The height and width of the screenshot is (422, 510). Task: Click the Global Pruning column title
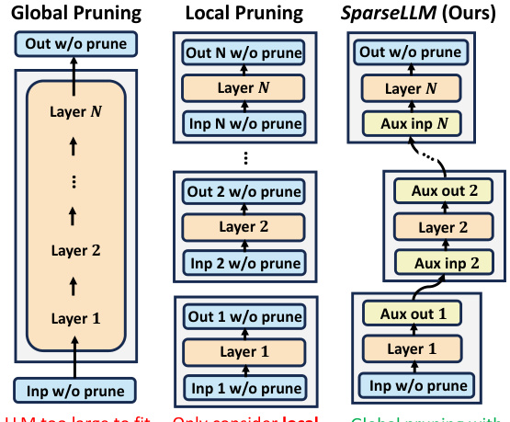pyautogui.click(x=75, y=14)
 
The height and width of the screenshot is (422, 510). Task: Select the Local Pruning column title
pyautogui.click(x=244, y=14)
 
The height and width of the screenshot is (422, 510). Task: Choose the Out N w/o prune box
pyautogui.click(x=244, y=53)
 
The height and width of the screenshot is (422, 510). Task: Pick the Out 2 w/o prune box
pyautogui.click(x=244, y=192)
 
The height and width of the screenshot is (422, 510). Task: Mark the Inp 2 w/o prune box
pyautogui.click(x=244, y=264)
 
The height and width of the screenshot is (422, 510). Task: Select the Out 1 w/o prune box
pyautogui.click(x=244, y=315)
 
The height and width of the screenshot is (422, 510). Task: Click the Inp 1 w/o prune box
pyautogui.click(x=244, y=386)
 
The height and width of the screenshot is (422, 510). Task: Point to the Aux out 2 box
pyautogui.click(x=437, y=192)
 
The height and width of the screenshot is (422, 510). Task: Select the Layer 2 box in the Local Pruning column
pyautogui.click(x=244, y=228)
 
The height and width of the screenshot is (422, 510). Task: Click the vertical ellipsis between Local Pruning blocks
pyautogui.click(x=244, y=159)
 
